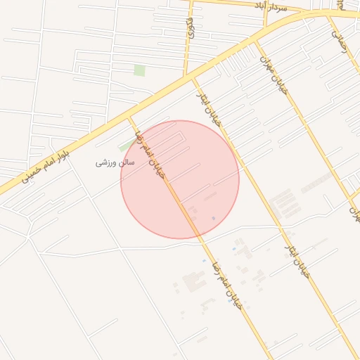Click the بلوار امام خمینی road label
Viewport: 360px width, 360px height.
pos(45,163)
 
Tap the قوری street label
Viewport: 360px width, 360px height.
pos(190,28)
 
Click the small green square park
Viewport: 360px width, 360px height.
pos(140,70)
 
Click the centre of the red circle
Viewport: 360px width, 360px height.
pos(180,179)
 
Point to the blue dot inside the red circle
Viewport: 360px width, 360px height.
pos(214,219)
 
